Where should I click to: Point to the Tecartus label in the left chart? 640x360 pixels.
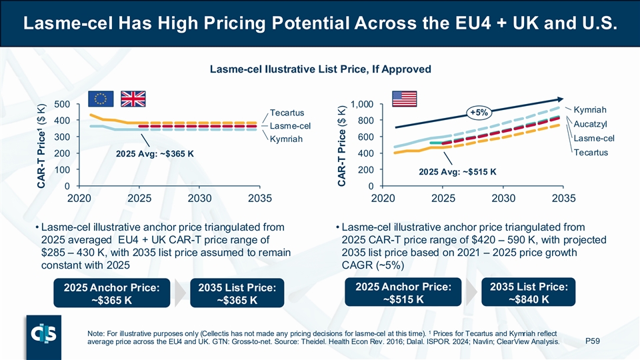(x=287, y=111)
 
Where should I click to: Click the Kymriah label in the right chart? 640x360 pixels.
(x=589, y=109)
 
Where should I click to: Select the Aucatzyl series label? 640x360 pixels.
(x=590, y=124)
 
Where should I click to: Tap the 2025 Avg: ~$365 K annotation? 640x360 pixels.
(x=155, y=154)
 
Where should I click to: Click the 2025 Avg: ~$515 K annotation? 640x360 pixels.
(x=457, y=171)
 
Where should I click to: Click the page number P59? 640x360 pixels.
(x=592, y=341)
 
